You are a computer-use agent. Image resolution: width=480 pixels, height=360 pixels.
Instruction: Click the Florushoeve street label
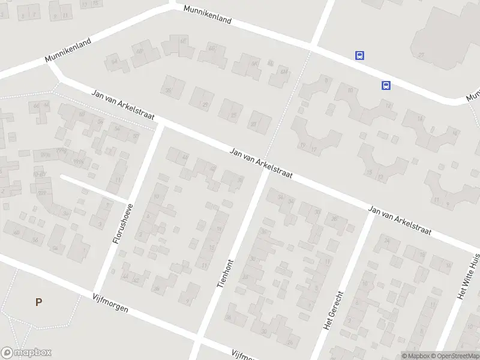pyautogui.click(x=123, y=223)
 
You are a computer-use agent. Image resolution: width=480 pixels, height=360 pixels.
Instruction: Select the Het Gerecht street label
pyautogui.click(x=334, y=311)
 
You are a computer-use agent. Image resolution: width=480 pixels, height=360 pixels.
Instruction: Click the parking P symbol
pyautogui.click(x=38, y=302)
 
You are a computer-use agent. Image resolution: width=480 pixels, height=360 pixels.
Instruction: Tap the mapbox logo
pyautogui.click(x=26, y=353)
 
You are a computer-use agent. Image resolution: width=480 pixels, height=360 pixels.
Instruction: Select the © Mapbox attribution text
pyautogui.click(x=415, y=356)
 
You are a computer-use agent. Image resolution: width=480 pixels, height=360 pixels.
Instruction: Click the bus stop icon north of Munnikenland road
pyautogui.click(x=359, y=56)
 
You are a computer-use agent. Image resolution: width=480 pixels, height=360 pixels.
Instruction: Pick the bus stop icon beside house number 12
pyautogui.click(x=386, y=86)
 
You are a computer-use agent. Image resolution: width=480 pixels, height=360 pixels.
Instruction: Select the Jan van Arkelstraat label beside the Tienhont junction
pyautogui.click(x=260, y=163)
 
